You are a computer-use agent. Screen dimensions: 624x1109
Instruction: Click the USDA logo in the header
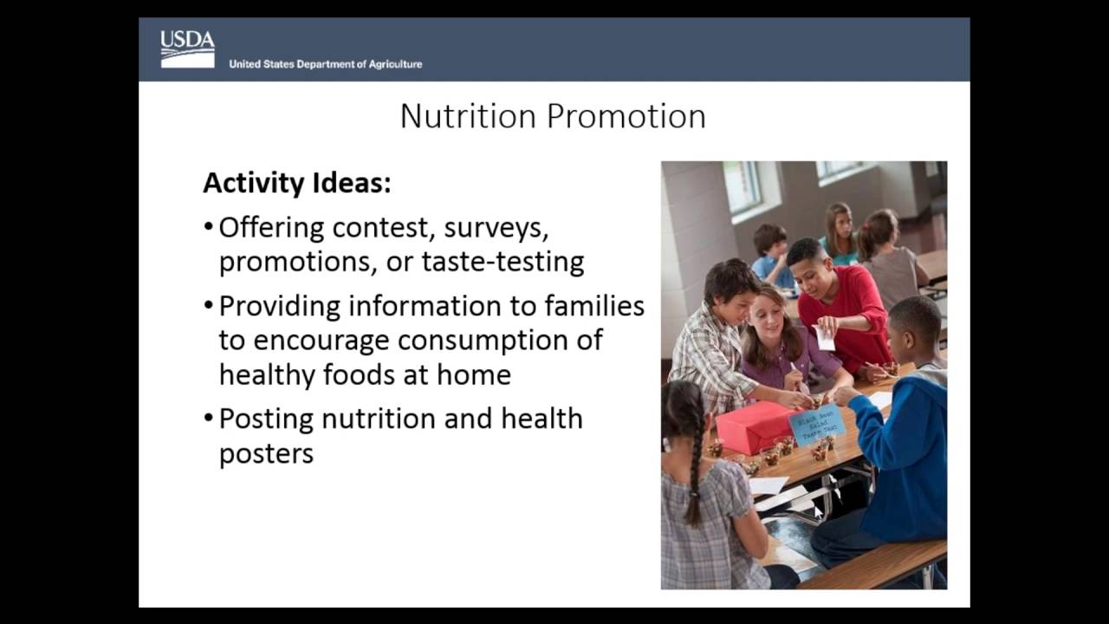tap(187, 49)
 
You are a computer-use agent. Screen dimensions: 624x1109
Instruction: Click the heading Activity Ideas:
tap(296, 183)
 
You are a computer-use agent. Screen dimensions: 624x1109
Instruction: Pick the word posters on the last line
tap(266, 453)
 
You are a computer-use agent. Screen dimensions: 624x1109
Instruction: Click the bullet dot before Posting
tap(208, 419)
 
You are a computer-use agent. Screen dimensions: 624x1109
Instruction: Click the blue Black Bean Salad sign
tap(816, 423)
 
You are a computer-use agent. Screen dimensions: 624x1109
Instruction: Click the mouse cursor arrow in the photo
tap(819, 513)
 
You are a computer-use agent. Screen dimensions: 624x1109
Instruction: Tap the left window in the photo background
tap(743, 186)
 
